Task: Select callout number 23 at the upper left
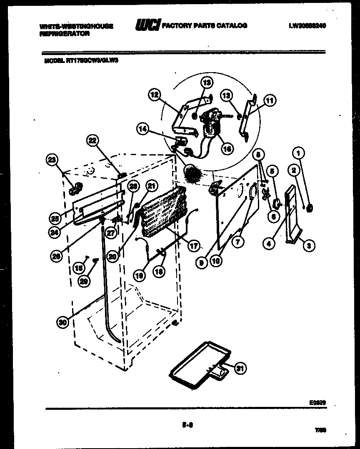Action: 52,159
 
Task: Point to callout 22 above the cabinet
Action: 93,141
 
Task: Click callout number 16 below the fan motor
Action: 227,148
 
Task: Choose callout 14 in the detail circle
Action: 143,129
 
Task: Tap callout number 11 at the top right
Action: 270,100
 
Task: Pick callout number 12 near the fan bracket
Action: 155,95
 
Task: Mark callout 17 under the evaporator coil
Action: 194,246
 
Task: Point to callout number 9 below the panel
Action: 202,263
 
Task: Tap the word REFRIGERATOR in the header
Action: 64,34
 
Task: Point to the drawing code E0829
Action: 317,403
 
